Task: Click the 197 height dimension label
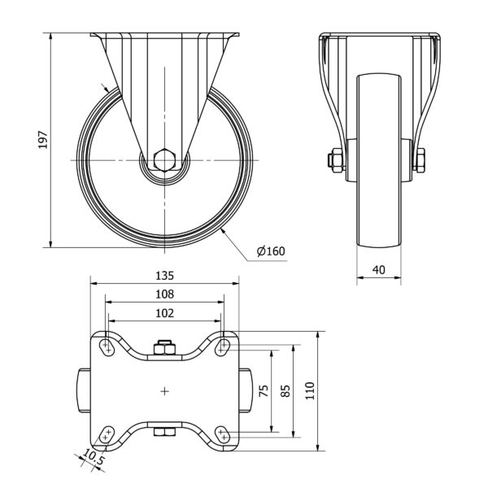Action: pyautogui.click(x=43, y=140)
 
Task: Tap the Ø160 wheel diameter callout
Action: pyautogui.click(x=271, y=251)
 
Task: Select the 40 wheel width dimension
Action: pyautogui.click(x=379, y=270)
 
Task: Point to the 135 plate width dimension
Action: pyautogui.click(x=164, y=276)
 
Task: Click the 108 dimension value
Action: pyautogui.click(x=164, y=294)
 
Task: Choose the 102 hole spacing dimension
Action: pyautogui.click(x=164, y=313)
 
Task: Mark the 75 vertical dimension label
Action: pyautogui.click(x=264, y=391)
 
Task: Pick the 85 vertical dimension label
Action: pyautogui.click(x=285, y=391)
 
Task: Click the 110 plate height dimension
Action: pyautogui.click(x=310, y=391)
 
